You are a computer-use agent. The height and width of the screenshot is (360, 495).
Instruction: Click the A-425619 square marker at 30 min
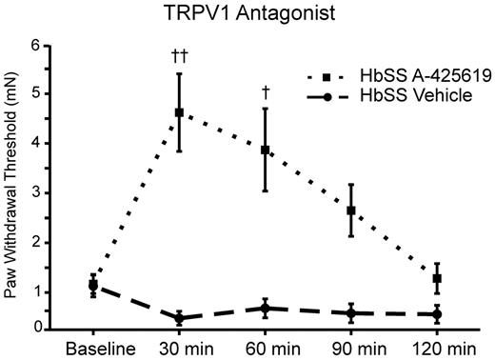click(x=179, y=112)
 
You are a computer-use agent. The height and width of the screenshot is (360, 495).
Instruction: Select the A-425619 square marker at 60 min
click(x=266, y=150)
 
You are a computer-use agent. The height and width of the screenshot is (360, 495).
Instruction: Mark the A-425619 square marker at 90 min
click(x=351, y=210)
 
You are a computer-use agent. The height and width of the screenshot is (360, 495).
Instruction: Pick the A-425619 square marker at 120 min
click(x=438, y=278)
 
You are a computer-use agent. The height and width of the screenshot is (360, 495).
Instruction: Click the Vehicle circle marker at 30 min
click(x=179, y=318)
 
